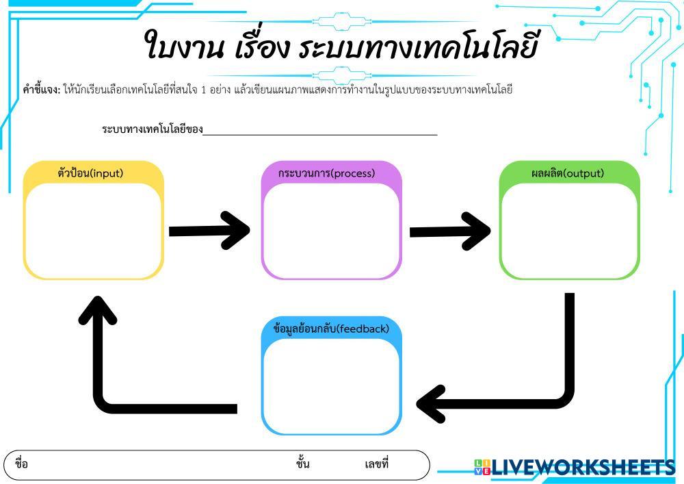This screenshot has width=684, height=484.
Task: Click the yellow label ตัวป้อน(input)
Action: pos(90,173)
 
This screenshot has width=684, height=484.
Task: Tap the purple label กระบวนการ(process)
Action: pos(327,173)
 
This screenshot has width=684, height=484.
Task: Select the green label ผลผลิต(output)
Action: pos(568,173)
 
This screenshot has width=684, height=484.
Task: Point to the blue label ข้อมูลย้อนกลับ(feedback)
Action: pos(331,329)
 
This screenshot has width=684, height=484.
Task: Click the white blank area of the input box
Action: pos(94,229)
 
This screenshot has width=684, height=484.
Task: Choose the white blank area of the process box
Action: pos(331,229)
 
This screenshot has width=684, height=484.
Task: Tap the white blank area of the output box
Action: pos(569,229)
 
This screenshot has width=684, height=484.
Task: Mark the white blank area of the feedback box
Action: pos(331,385)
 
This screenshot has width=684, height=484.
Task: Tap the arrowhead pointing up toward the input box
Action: pos(98,311)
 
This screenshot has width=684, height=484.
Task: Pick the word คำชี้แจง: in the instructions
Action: pos(41,90)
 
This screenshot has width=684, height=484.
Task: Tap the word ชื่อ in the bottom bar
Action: pos(21,464)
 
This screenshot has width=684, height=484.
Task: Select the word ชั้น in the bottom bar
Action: pos(302,464)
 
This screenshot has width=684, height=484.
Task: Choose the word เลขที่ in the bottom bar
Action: pos(376,464)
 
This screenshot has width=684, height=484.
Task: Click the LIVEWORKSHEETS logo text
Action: pos(581,467)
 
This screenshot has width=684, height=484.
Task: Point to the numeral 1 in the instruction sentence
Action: pos(203,90)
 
